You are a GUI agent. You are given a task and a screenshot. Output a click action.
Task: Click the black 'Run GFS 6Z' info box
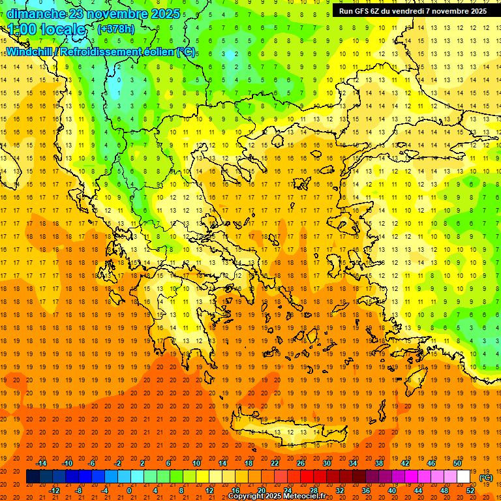(412, 11)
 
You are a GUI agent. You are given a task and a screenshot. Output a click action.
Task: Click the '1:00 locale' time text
(47, 29)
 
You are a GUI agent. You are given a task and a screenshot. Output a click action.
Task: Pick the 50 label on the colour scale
(457, 463)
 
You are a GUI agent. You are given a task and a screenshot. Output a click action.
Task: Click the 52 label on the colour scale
(470, 490)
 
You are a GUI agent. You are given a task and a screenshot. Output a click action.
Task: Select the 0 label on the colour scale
(129, 490)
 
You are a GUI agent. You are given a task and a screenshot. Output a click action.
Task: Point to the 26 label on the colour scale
(301, 463)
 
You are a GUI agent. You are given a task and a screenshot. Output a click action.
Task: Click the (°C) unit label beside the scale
(486, 478)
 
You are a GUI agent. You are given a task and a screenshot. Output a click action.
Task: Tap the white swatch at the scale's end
(464, 477)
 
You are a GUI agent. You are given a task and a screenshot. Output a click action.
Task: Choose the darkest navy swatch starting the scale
(33, 477)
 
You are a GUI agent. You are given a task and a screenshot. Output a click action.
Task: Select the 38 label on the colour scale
(379, 463)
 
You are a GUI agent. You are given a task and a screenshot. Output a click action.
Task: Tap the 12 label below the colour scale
(209, 490)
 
